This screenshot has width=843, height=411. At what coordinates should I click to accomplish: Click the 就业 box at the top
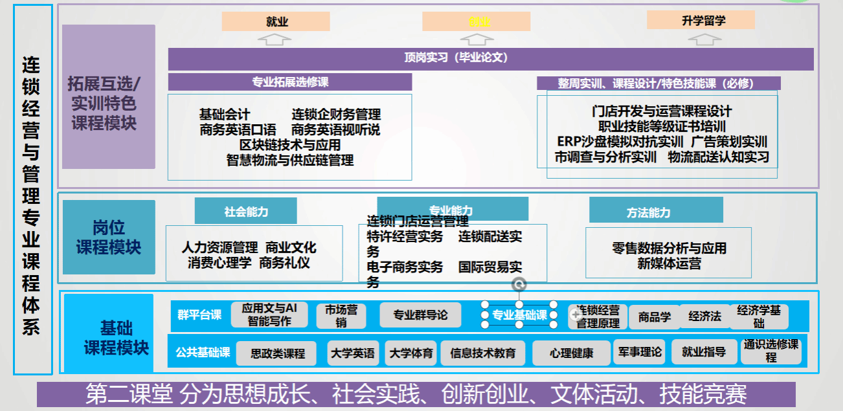tap(276, 21)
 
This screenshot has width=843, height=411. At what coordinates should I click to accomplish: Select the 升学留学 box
tap(701, 20)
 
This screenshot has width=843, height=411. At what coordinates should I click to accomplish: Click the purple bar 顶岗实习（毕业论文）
tap(490, 58)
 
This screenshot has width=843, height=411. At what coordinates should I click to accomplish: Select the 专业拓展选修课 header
tap(289, 82)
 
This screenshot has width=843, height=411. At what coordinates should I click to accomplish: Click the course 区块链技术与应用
tap(289, 144)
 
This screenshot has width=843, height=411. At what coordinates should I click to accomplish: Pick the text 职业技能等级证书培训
tap(662, 126)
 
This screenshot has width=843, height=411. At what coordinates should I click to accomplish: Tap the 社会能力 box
tap(245, 211)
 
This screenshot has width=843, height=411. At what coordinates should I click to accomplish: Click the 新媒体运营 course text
tap(669, 263)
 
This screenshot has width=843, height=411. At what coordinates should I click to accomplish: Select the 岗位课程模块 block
tap(109, 237)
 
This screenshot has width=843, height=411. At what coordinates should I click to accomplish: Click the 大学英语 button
tap(352, 353)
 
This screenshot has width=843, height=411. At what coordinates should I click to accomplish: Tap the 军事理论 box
tap(640, 352)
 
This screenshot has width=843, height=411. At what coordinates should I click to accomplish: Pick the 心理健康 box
tap(571, 353)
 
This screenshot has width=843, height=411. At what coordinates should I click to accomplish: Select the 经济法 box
tap(704, 317)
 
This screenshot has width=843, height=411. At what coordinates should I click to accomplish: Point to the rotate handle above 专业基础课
tap(519, 284)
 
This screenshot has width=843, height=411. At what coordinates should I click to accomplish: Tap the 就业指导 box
tap(704, 352)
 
